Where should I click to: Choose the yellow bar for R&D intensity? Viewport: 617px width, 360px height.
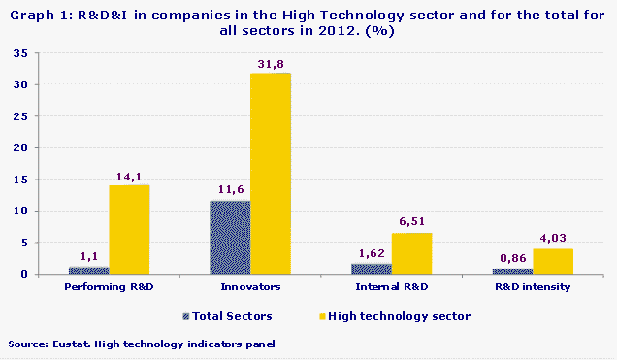(553, 261)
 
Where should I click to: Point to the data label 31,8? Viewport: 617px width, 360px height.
(272, 65)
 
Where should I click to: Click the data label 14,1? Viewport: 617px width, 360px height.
(130, 177)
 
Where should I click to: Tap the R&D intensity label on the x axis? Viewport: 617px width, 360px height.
(532, 287)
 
